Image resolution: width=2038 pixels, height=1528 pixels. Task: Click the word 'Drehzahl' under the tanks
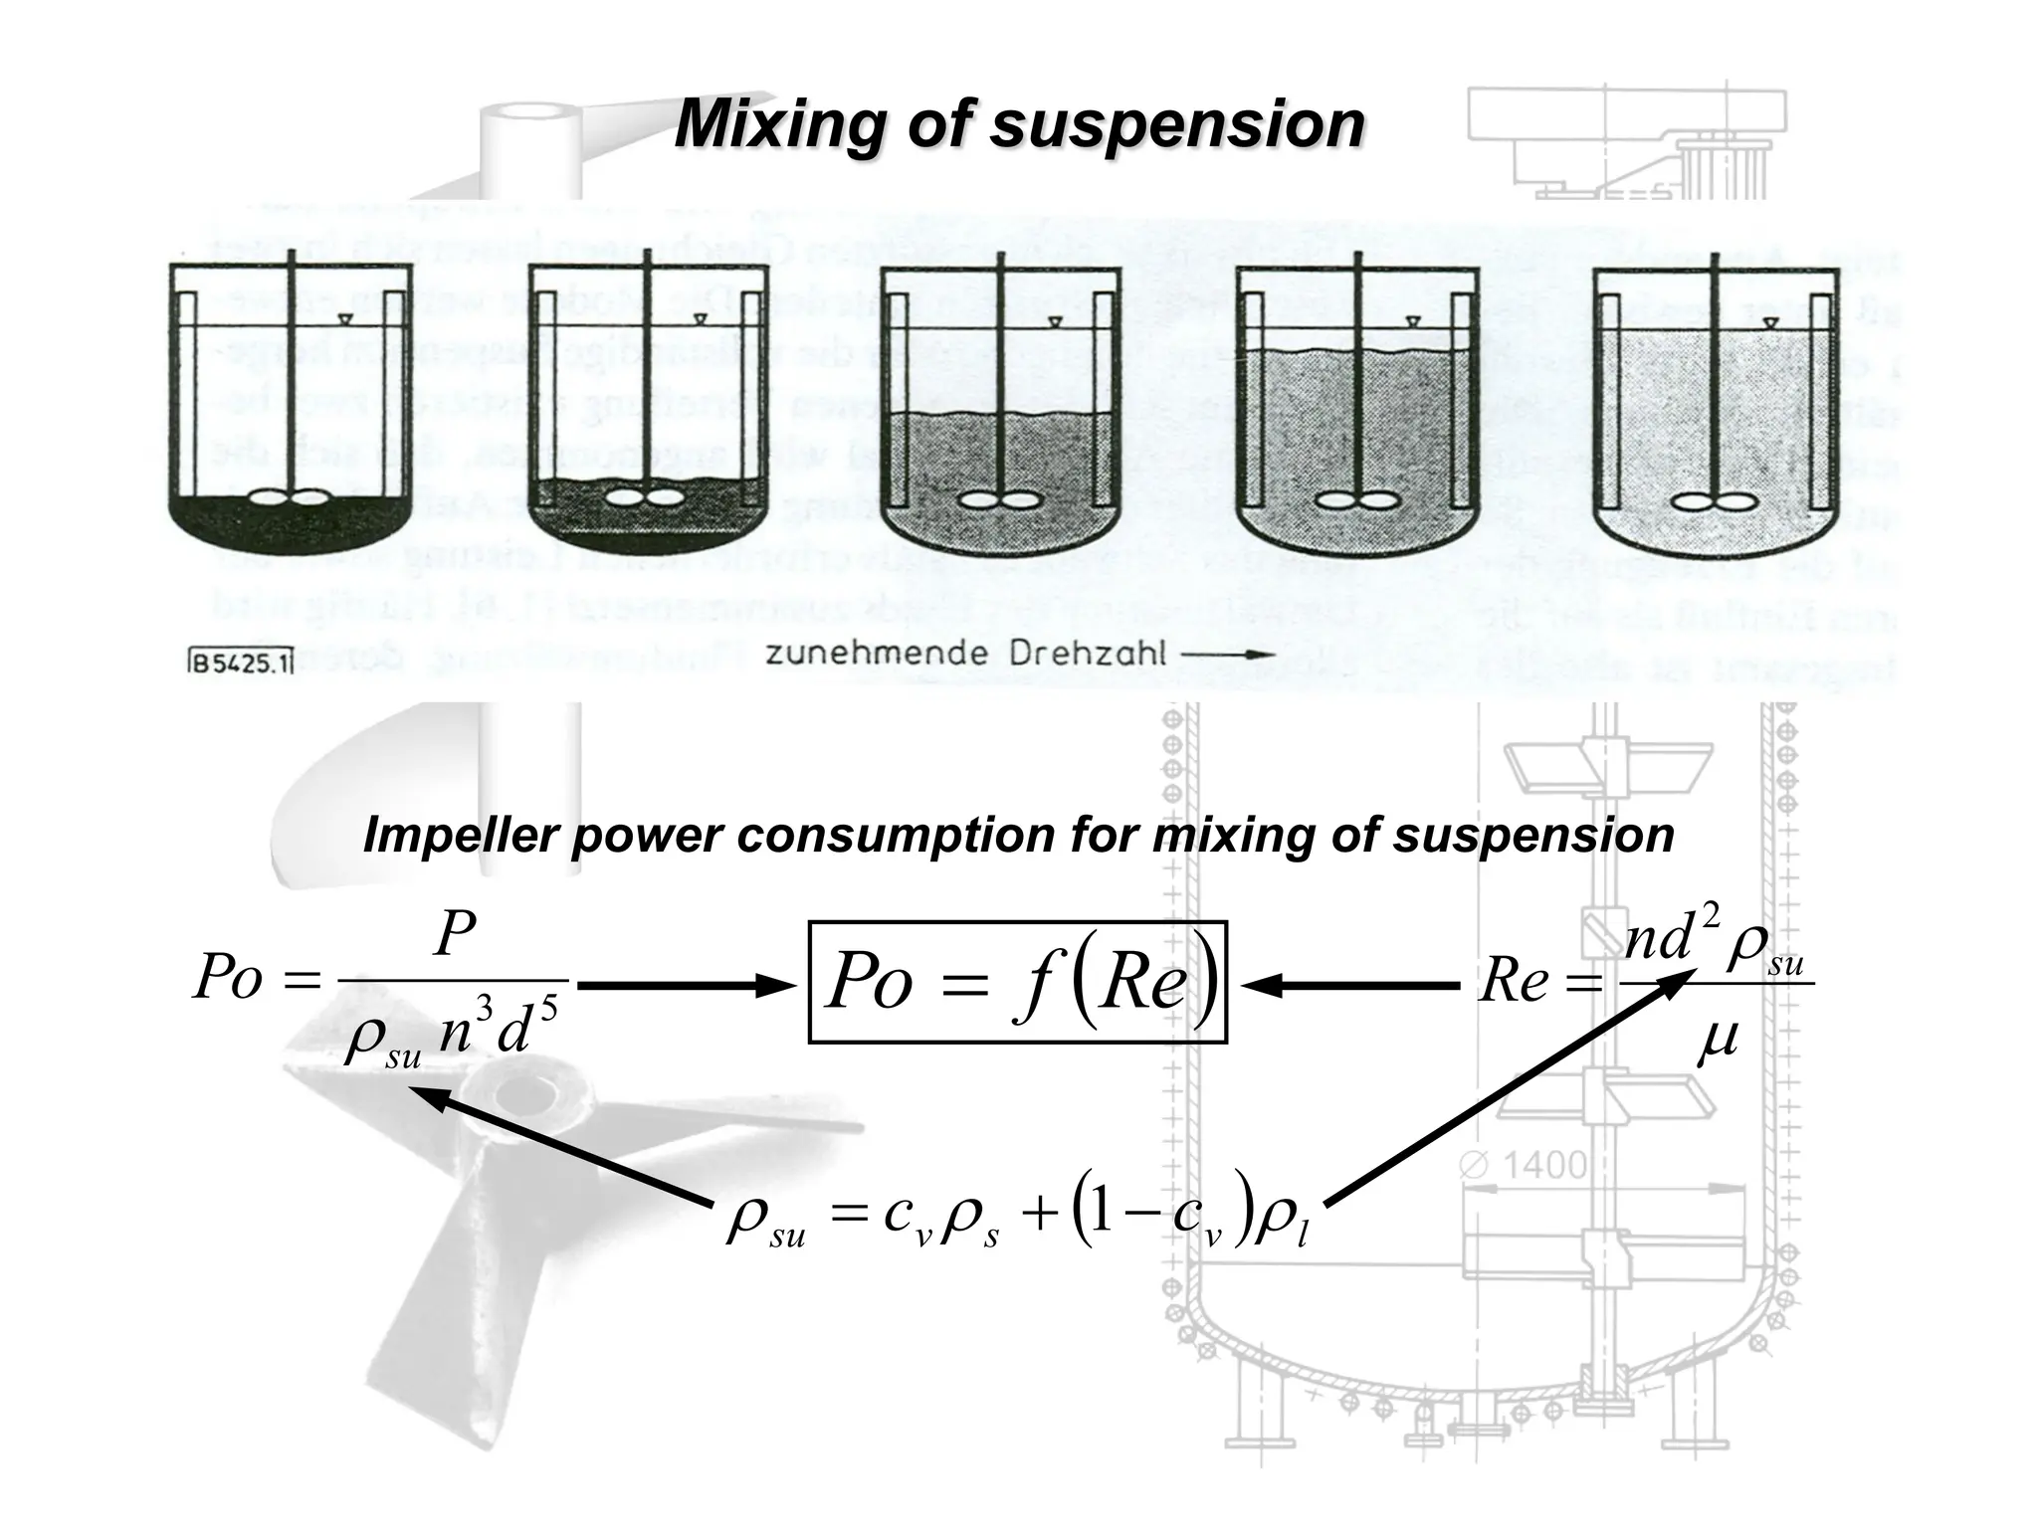(x=1087, y=655)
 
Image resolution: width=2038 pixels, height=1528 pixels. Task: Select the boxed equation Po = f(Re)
(x=1017, y=981)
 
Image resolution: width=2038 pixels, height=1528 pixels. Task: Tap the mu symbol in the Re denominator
(x=1718, y=1041)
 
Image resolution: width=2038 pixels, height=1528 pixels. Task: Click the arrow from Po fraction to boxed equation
(x=687, y=986)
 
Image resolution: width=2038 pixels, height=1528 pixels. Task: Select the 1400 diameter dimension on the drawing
(x=1542, y=1165)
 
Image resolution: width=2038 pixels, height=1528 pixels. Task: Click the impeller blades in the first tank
(x=289, y=497)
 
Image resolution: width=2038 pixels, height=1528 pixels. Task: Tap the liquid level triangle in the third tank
(x=1054, y=322)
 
